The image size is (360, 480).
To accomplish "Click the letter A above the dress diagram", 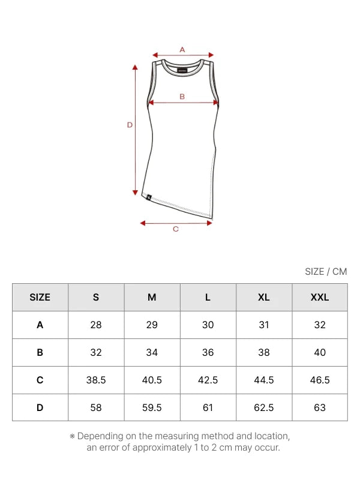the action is (x=182, y=50).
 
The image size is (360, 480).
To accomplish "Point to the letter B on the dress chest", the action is (x=182, y=97).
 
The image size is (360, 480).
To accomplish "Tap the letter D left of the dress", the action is (x=130, y=125).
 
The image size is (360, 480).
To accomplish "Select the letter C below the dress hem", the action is (x=176, y=229).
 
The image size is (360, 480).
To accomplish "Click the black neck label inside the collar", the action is (x=182, y=71).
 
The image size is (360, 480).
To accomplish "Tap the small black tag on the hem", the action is (x=149, y=197).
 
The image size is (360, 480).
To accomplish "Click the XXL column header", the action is (x=320, y=297).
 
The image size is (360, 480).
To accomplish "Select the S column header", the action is (x=96, y=297).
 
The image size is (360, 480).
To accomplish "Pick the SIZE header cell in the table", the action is (x=40, y=297).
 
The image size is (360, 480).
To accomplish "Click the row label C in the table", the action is (x=40, y=380).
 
